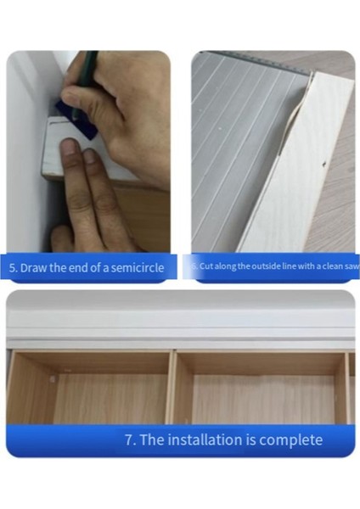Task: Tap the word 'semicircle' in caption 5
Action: point(136,268)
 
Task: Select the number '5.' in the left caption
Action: point(14,268)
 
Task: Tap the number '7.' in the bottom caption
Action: point(131,439)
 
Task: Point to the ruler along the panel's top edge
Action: point(255,58)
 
